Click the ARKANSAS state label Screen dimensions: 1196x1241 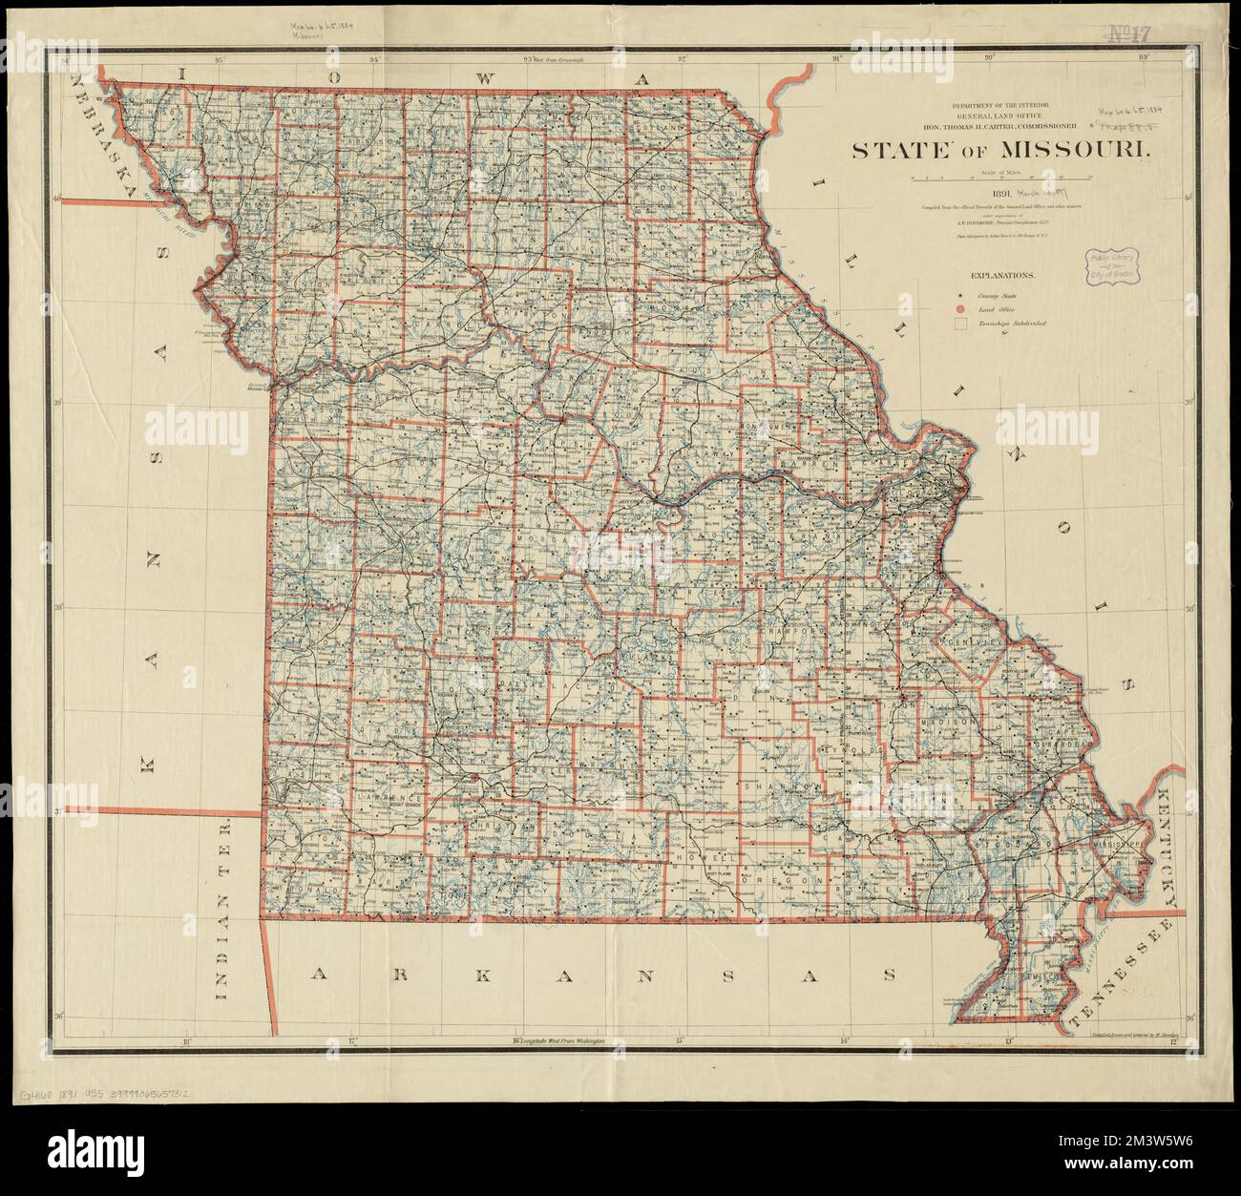coord(605,975)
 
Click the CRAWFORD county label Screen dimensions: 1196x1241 coord(791,631)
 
